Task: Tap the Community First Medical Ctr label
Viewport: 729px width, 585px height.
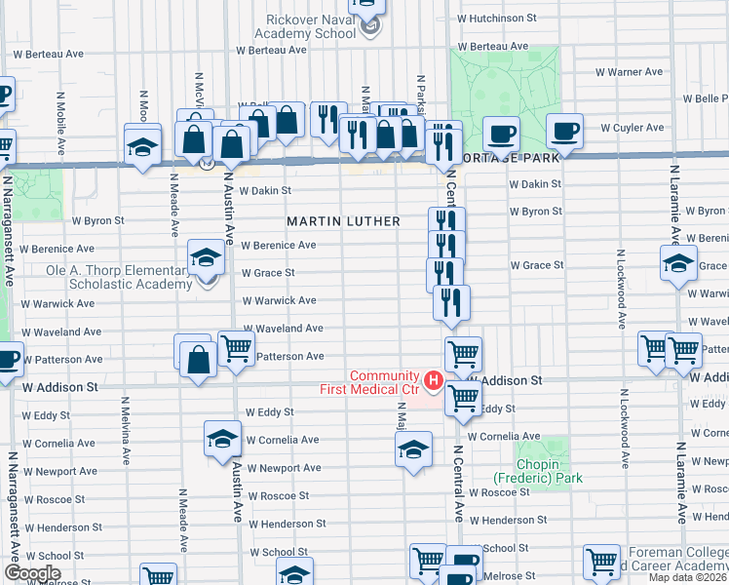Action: pyautogui.click(x=384, y=383)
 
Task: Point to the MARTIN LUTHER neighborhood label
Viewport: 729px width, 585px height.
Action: pyautogui.click(x=343, y=221)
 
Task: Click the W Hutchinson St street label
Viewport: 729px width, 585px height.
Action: pyautogui.click(x=496, y=18)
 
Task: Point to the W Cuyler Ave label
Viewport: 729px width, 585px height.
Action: pyautogui.click(x=632, y=128)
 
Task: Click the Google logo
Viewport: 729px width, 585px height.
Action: pyautogui.click(x=32, y=573)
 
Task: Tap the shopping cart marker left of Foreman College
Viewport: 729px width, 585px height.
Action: pyautogui.click(x=601, y=563)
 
